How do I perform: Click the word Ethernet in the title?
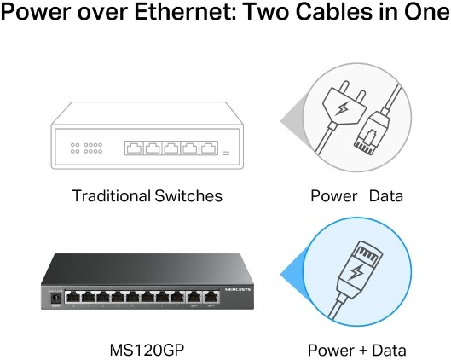pyautogui.click(x=185, y=11)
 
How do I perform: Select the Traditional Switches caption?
pyautogui.click(x=147, y=196)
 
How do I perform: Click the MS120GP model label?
pyautogui.click(x=147, y=350)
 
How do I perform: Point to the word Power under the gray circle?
pyautogui.click(x=333, y=196)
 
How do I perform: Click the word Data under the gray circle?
pyautogui.click(x=385, y=196)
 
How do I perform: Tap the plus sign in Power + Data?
pyautogui.click(x=363, y=351)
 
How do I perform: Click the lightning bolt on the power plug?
pyautogui.click(x=343, y=108)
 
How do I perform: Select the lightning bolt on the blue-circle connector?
pyautogui.click(x=356, y=272)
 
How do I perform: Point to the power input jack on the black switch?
pyautogui.click(x=55, y=298)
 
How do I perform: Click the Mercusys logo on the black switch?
pyautogui.click(x=238, y=289)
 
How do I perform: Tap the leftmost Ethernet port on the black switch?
pyautogui.click(x=72, y=297)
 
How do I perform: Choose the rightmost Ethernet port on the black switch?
pyautogui.click(x=211, y=297)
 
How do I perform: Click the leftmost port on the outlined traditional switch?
pyautogui.click(x=134, y=148)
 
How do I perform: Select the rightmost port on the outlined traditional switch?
pyautogui.click(x=209, y=148)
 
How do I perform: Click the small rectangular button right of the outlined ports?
pyautogui.click(x=226, y=153)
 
